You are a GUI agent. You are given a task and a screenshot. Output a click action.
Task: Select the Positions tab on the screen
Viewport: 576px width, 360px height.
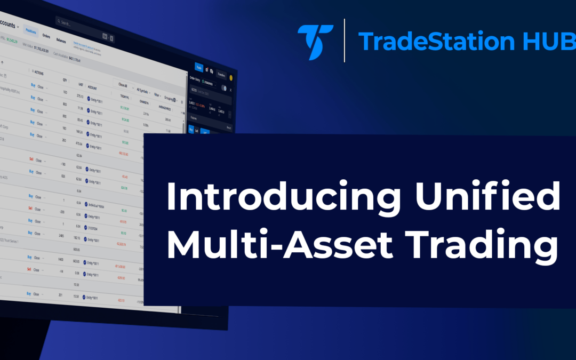point(31,31)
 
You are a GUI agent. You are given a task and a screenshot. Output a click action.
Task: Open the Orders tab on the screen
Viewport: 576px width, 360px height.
point(46,36)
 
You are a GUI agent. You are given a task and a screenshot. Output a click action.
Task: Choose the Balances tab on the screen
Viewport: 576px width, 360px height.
point(62,41)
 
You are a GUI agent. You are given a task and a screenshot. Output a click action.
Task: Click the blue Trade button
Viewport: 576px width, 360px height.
point(198,68)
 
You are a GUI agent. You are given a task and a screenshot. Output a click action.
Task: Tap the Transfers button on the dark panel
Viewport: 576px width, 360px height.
point(221,75)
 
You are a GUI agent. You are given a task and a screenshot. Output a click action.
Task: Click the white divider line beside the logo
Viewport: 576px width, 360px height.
point(345,41)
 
